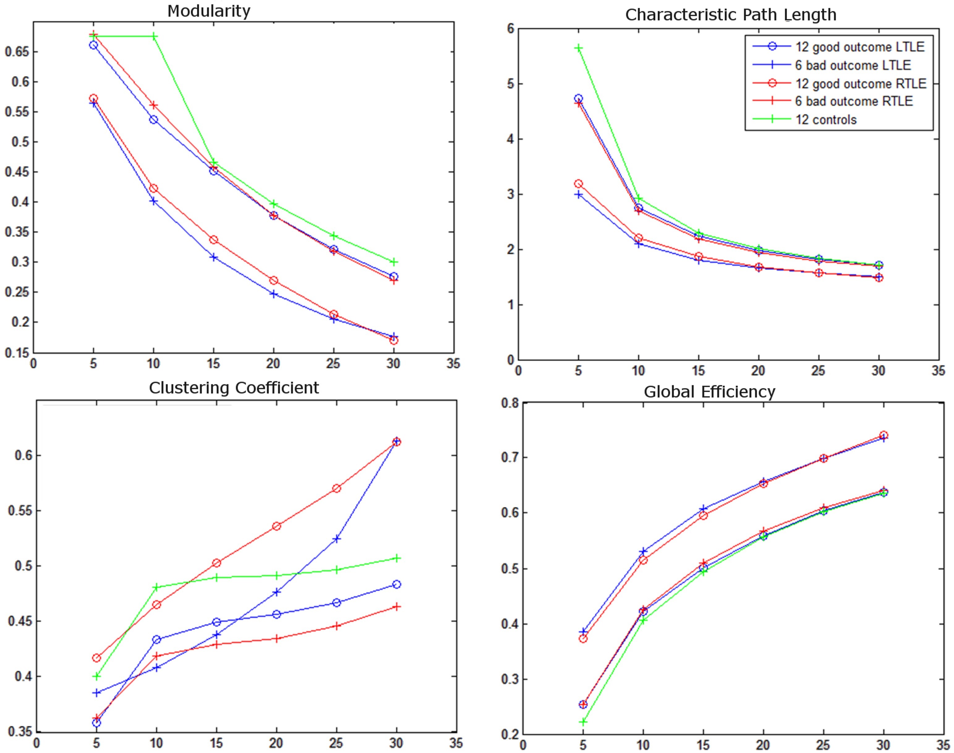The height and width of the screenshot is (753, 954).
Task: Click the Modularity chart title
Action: tap(209, 11)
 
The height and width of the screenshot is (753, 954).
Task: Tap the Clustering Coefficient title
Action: tap(234, 388)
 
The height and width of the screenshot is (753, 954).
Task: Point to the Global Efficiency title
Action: tap(709, 392)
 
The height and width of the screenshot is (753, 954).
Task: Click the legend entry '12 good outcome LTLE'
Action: tap(860, 47)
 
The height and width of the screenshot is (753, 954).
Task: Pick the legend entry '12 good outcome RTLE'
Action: tap(860, 83)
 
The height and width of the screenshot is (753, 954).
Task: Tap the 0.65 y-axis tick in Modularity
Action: tap(17, 52)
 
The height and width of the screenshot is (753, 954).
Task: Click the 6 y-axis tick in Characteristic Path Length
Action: tap(511, 29)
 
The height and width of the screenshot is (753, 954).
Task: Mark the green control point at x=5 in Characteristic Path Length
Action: tap(578, 48)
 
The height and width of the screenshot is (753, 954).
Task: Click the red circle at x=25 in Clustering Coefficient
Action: tap(337, 489)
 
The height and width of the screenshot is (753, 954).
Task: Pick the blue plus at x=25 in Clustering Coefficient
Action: tap(337, 539)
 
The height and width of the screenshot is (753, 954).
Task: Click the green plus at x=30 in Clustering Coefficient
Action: tap(396, 558)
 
